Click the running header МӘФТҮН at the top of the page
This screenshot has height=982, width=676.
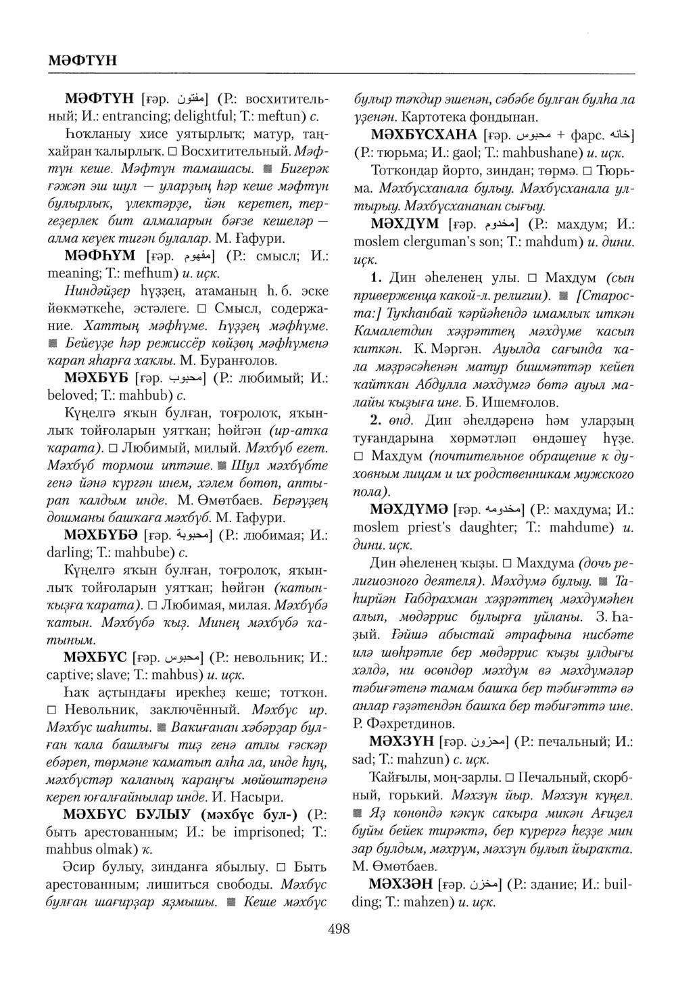(82, 60)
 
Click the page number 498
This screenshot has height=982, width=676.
(338, 929)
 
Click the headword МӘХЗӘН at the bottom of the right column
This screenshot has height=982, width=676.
(400, 884)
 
